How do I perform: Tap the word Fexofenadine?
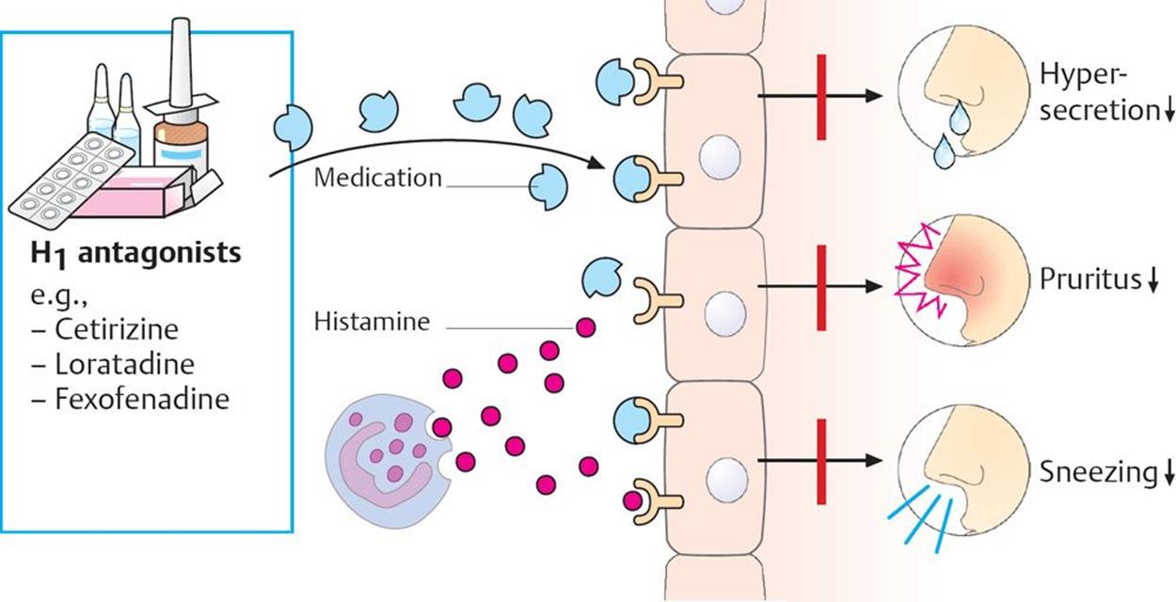142,399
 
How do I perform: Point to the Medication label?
378,177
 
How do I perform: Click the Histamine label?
373,323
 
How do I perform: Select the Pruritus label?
1089,280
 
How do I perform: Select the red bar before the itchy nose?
821,287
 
